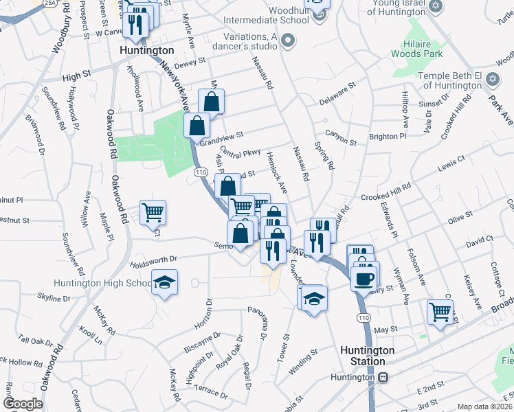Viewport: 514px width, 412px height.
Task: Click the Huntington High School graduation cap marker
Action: pyautogui.click(x=164, y=284)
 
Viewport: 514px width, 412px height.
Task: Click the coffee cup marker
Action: pyautogui.click(x=364, y=277)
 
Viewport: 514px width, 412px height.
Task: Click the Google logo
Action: pyautogui.click(x=23, y=404)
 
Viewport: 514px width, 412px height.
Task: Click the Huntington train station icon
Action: pyautogui.click(x=381, y=377)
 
